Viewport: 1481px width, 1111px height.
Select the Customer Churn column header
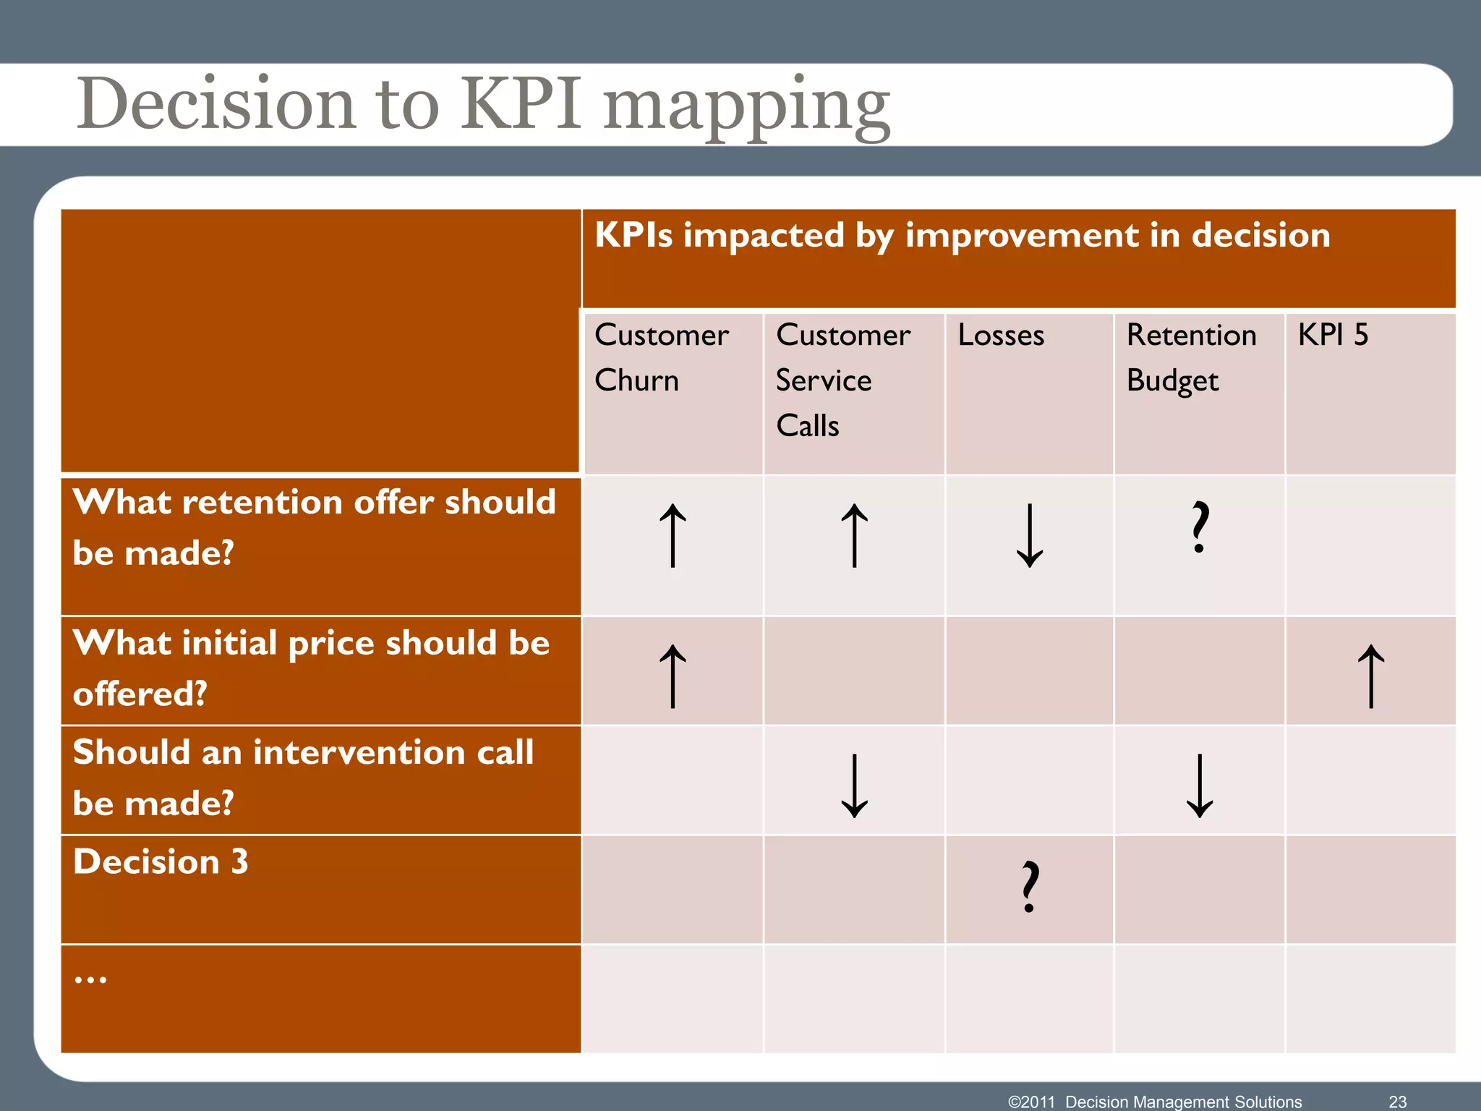pyautogui.click(x=661, y=357)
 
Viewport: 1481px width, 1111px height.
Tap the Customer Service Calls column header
pyautogui.click(x=842, y=380)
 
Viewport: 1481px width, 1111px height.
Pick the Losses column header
pyautogui.click(x=1001, y=336)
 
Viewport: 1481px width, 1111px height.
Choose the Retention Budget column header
pyautogui.click(x=1191, y=357)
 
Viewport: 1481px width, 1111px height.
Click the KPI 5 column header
pyautogui.click(x=1333, y=336)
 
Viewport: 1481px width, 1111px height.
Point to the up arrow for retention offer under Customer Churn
pyautogui.click(x=673, y=535)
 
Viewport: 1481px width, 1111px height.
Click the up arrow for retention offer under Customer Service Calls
pyautogui.click(x=854, y=535)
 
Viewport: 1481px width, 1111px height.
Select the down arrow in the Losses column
pyautogui.click(x=1029, y=535)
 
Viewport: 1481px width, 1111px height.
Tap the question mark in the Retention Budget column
pyautogui.click(x=1200, y=527)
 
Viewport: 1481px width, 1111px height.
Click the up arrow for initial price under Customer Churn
pyautogui.click(x=673, y=676)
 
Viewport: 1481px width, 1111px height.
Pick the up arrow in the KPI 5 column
pyautogui.click(x=1370, y=676)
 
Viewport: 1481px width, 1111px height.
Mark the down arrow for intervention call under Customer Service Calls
pyautogui.click(x=854, y=786)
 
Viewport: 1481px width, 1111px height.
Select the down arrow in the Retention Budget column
pyautogui.click(x=1200, y=786)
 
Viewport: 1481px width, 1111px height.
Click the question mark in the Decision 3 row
pyautogui.click(x=1030, y=887)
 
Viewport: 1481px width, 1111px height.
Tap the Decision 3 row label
pyautogui.click(x=161, y=862)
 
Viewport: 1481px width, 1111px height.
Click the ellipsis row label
pyautogui.click(x=90, y=979)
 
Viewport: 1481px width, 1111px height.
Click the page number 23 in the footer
pyautogui.click(x=1397, y=1102)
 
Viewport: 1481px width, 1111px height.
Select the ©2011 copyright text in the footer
pyautogui.click(x=1031, y=1102)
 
